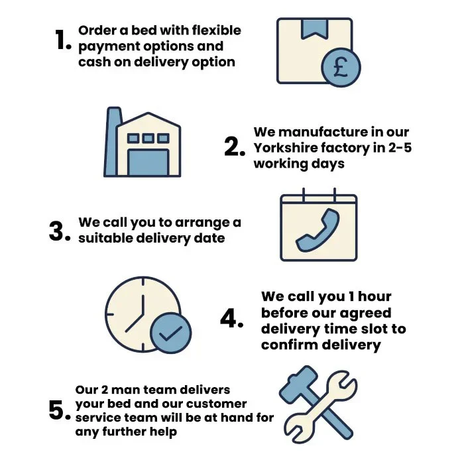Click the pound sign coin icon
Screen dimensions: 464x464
[341, 68]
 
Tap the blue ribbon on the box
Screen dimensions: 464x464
[314, 29]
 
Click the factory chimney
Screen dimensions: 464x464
[112, 141]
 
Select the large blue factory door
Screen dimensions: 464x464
[148, 162]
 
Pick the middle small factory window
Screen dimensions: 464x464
[148, 138]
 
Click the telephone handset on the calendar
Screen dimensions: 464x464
[318, 230]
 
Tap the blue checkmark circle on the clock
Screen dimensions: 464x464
[171, 333]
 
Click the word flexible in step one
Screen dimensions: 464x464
[216, 30]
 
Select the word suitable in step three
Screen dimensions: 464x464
[105, 238]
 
